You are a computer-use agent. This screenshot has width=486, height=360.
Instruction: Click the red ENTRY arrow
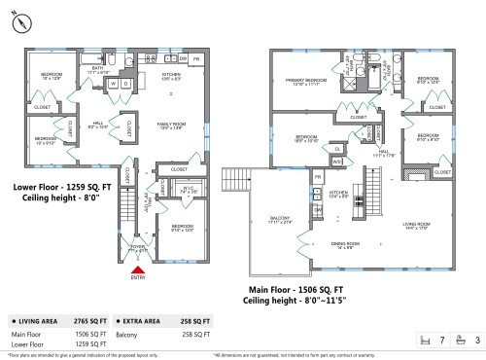click(x=138, y=271)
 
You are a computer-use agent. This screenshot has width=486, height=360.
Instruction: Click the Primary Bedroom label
click(x=305, y=82)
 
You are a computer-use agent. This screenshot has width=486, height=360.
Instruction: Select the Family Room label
click(x=174, y=126)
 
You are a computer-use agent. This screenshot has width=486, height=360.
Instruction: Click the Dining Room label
click(x=346, y=246)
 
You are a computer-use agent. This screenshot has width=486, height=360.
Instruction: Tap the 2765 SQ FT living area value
click(x=94, y=319)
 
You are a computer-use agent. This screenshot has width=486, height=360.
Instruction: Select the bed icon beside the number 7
click(x=425, y=341)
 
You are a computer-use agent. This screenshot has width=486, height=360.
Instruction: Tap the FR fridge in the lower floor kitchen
click(x=196, y=59)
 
